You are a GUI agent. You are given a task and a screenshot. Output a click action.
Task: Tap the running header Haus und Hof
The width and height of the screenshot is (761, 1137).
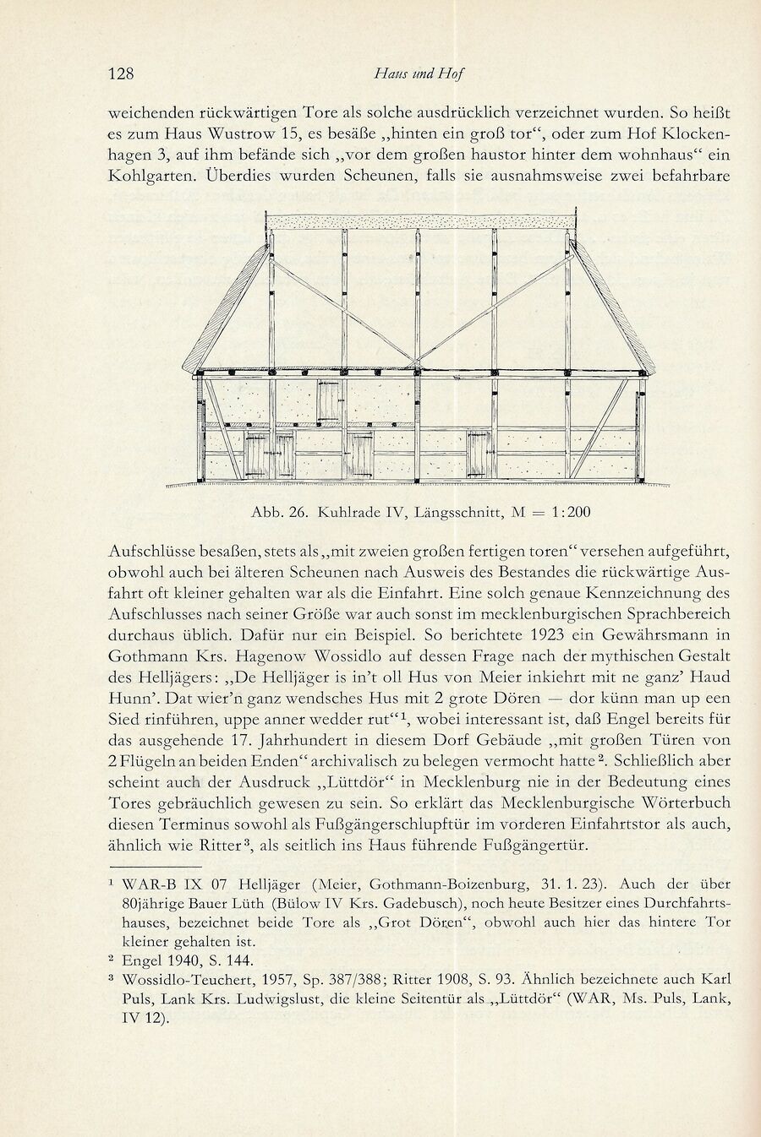click(419, 73)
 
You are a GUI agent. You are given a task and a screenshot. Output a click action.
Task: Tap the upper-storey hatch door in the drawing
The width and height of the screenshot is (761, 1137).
click(327, 401)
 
